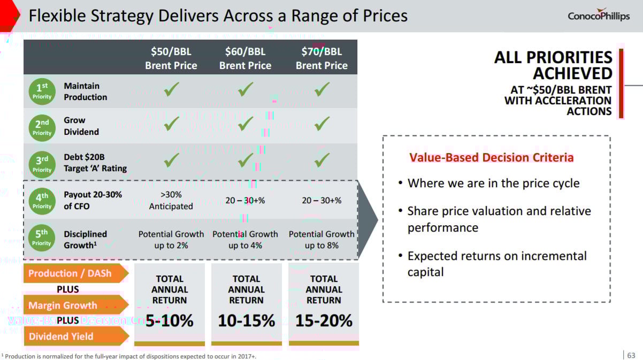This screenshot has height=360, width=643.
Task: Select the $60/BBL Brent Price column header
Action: tap(245, 58)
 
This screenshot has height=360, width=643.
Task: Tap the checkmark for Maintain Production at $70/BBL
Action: tap(321, 90)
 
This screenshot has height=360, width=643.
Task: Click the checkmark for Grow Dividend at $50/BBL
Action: tap(171, 125)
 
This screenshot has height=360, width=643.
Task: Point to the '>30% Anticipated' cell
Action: tap(171, 201)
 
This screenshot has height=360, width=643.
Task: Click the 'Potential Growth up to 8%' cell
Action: tap(321, 240)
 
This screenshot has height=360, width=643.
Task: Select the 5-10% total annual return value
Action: tap(170, 320)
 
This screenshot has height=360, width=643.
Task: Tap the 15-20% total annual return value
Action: tap(324, 320)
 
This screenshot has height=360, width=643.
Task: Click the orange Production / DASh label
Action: tap(71, 273)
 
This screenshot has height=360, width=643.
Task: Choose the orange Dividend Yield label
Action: tap(62, 336)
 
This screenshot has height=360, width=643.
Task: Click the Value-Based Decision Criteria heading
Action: tap(491, 158)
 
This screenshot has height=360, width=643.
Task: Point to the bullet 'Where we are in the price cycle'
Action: tap(493, 183)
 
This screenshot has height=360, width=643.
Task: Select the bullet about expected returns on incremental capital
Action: tap(496, 264)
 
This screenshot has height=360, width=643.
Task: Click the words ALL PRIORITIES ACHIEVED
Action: tap(553, 65)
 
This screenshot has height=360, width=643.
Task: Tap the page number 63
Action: tap(631, 355)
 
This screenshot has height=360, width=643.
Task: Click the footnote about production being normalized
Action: tap(134, 356)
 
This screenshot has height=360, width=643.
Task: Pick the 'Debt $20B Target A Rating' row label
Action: tap(95, 163)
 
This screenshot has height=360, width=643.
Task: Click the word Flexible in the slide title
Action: tap(57, 16)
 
